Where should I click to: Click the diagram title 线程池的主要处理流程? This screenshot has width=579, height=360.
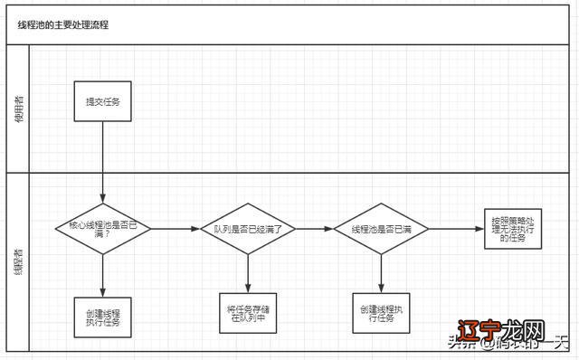click(x=63, y=25)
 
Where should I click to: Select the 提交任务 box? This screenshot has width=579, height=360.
click(x=103, y=102)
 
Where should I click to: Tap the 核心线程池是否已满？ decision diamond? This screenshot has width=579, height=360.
click(x=103, y=229)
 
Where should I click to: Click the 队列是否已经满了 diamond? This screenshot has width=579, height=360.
click(x=248, y=229)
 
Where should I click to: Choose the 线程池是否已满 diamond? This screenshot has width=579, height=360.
click(x=381, y=229)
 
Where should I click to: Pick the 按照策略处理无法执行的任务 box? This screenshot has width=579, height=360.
click(x=513, y=228)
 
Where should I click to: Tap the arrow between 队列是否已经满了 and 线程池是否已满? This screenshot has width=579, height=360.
click(x=314, y=229)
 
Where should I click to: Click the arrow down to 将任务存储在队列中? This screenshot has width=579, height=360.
click(x=248, y=270)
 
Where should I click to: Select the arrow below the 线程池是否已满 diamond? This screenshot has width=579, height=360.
click(x=381, y=270)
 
